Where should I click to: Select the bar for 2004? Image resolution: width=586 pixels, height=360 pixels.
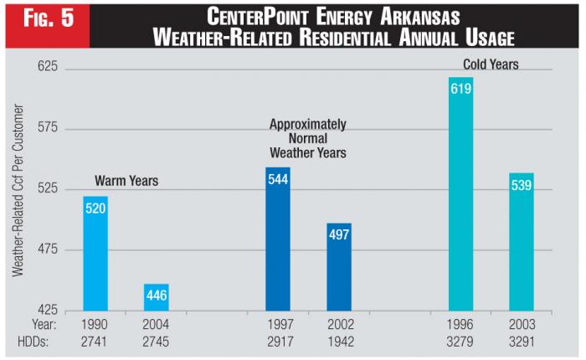tap(157, 297)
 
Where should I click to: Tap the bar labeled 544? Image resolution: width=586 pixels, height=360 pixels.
tap(278, 239)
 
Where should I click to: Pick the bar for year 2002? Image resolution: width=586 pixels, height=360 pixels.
tap(339, 267)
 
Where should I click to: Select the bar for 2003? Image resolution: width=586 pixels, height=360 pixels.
tap(522, 242)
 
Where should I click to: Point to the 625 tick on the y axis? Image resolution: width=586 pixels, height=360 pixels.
tap(44, 67)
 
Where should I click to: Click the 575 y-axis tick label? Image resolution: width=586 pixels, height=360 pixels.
tap(44, 129)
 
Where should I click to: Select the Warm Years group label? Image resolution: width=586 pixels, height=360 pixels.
tap(126, 181)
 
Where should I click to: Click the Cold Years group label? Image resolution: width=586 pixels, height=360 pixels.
tap(491, 64)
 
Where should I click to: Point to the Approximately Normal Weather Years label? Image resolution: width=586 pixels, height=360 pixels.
tap(307, 138)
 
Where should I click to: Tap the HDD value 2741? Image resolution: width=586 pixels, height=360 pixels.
tap(95, 342)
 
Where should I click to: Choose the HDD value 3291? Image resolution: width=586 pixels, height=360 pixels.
tap(522, 342)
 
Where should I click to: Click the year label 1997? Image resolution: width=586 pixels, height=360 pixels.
tap(278, 324)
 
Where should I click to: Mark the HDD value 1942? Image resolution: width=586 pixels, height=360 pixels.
tap(339, 342)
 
